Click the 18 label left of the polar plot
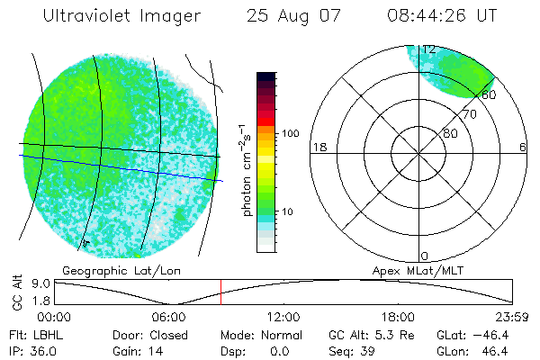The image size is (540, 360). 318,147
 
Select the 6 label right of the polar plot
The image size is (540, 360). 523,147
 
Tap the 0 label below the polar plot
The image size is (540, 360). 424,256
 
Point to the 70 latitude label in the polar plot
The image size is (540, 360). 469,114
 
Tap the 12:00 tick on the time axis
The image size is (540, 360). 284,317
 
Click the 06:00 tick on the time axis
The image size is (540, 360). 169,317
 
